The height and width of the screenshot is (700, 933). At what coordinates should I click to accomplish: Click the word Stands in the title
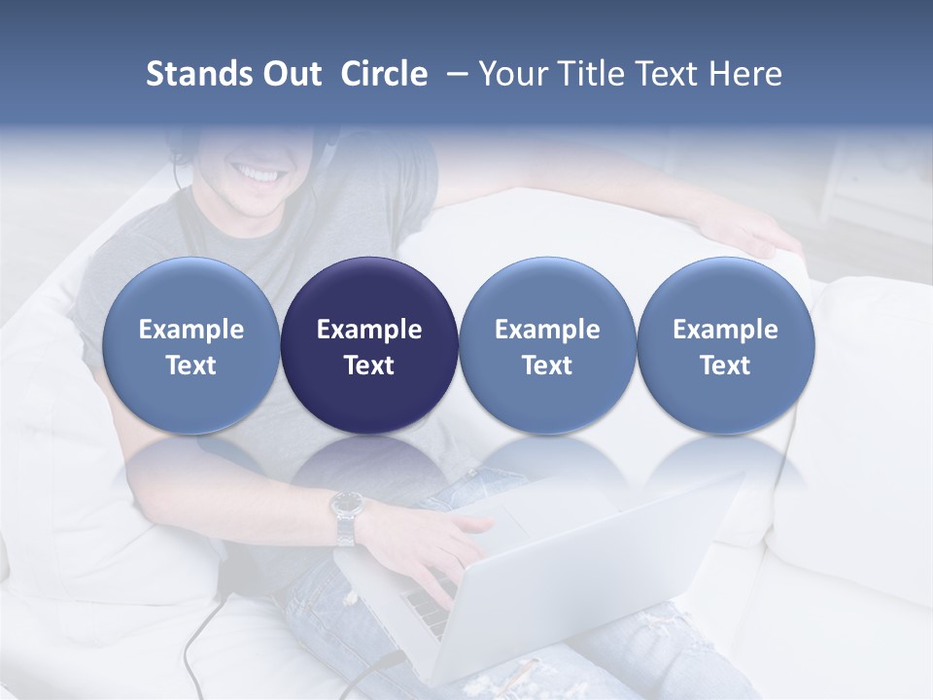coord(198,74)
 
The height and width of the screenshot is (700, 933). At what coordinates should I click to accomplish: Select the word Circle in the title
coord(384,74)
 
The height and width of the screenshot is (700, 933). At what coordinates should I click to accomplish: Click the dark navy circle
coord(369,345)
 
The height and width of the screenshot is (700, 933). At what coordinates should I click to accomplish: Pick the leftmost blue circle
coord(190,345)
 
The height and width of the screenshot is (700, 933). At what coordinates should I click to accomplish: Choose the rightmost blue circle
coord(725,345)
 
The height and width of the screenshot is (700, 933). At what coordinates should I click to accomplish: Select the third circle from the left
coord(547,345)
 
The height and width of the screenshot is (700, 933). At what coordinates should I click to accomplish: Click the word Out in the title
coord(291,74)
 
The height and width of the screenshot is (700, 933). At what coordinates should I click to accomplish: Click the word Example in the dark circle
coord(369,330)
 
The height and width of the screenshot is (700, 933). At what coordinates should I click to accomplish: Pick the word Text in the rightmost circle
coord(725,366)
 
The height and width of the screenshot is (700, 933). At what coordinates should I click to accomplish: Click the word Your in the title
coord(514,74)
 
